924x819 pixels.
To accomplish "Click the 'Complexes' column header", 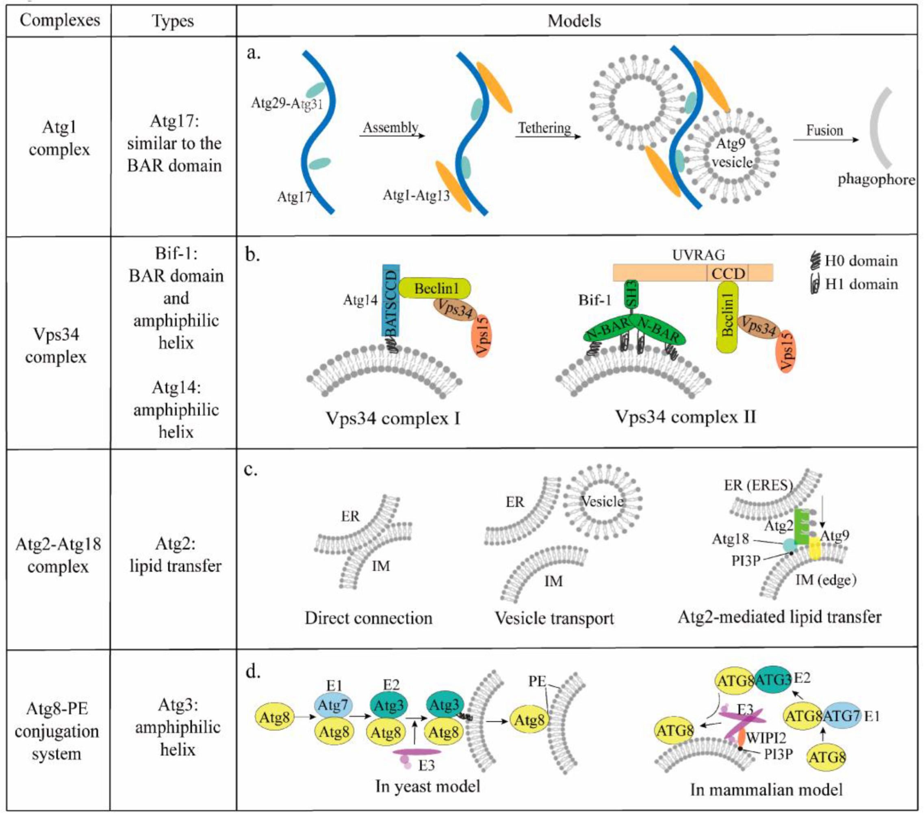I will (60, 20).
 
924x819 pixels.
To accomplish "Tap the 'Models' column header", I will (574, 21).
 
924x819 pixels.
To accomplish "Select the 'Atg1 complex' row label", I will (59, 138).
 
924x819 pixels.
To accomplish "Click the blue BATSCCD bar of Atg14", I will (390, 301).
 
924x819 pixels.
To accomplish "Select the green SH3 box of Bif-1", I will (631, 294).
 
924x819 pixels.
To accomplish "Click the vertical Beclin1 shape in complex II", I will (727, 316).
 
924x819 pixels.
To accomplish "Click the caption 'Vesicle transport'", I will (554, 618).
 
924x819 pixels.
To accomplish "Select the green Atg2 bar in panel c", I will (800, 526).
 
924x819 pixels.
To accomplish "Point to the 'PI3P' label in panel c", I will (746, 561).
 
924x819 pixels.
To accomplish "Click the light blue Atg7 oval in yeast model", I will (333, 705).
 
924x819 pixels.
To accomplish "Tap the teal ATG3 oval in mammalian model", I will (772, 680).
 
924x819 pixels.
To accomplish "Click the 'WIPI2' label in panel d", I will (766, 738).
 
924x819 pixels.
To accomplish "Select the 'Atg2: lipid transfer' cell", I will (175, 555).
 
